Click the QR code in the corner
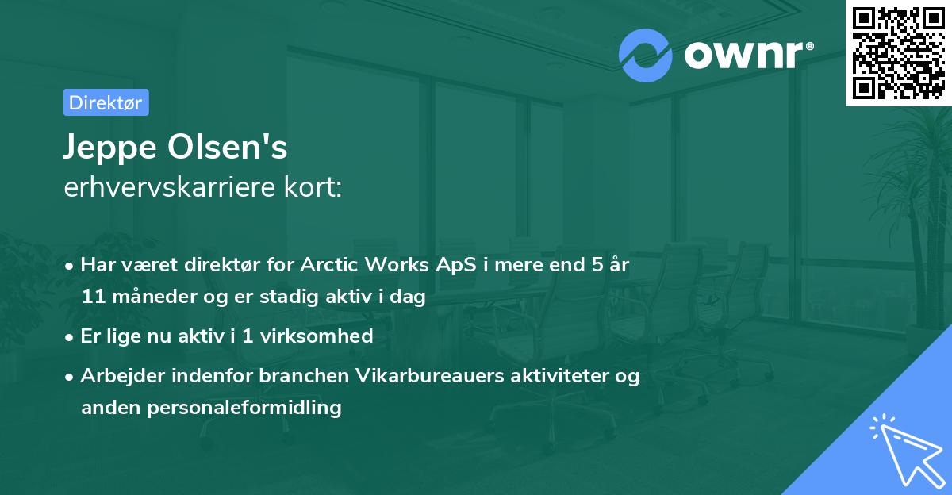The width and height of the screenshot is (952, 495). [898, 52]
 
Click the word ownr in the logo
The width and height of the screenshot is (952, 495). [742, 56]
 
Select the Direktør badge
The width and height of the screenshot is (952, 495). [106, 102]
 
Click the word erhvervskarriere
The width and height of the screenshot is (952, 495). [171, 188]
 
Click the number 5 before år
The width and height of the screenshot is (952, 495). [596, 264]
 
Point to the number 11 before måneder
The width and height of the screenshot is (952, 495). [91, 297]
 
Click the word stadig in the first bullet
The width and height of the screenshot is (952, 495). [305, 297]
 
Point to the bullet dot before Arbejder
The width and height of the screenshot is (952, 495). [71, 376]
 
